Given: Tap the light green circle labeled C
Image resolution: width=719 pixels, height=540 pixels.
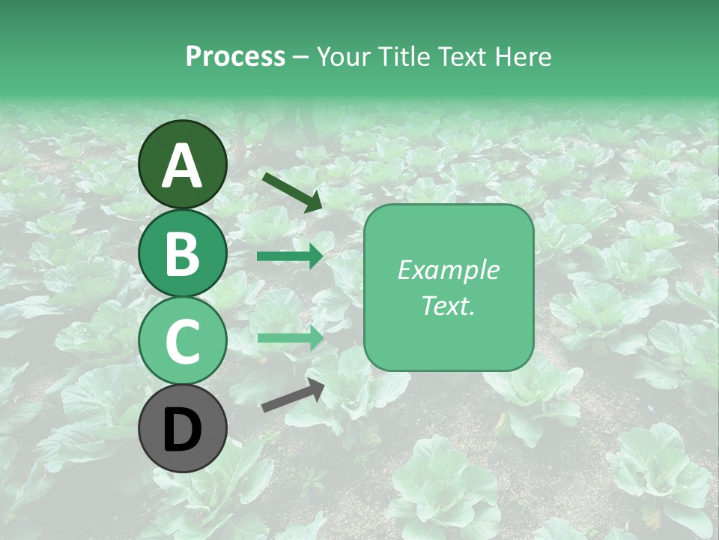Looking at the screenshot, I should pyautogui.click(x=183, y=341).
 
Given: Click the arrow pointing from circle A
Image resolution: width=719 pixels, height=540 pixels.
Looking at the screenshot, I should pyautogui.click(x=291, y=192).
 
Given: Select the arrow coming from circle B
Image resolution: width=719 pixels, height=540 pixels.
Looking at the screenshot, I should pyautogui.click(x=290, y=256).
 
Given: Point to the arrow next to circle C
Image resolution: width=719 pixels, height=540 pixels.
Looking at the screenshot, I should pyautogui.click(x=290, y=337).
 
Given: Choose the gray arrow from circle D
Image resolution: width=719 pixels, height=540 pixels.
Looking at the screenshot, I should pyautogui.click(x=293, y=395).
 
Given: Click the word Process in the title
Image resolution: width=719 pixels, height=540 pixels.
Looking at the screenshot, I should pyautogui.click(x=235, y=56).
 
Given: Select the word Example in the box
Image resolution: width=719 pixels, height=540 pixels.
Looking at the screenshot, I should pyautogui.click(x=448, y=270).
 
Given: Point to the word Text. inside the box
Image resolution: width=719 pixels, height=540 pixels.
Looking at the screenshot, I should pyautogui.click(x=448, y=305).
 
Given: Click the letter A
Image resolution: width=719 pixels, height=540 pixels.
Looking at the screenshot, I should pyautogui.click(x=183, y=166).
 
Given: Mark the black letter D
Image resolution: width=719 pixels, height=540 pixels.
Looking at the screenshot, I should pyautogui.click(x=183, y=430).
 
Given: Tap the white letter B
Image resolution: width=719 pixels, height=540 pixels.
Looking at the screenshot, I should pyautogui.click(x=183, y=254).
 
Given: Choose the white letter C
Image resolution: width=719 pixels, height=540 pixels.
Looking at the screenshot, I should pyautogui.click(x=183, y=341).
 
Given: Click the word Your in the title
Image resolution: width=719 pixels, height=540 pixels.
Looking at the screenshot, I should pyautogui.click(x=344, y=56).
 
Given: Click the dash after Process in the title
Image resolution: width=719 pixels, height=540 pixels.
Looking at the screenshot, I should pyautogui.click(x=300, y=57).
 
